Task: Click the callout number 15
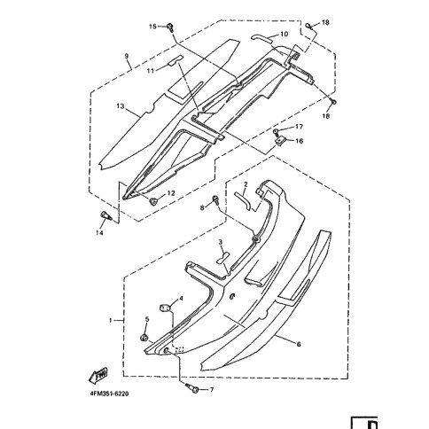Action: [x=152, y=27]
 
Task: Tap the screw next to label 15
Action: [x=170, y=27]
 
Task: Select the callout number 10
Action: [x=284, y=35]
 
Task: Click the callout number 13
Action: [x=121, y=105]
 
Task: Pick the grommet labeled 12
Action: [x=153, y=202]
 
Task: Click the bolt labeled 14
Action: [x=105, y=216]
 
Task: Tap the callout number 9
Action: [x=127, y=56]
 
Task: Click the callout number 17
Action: [x=299, y=127]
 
